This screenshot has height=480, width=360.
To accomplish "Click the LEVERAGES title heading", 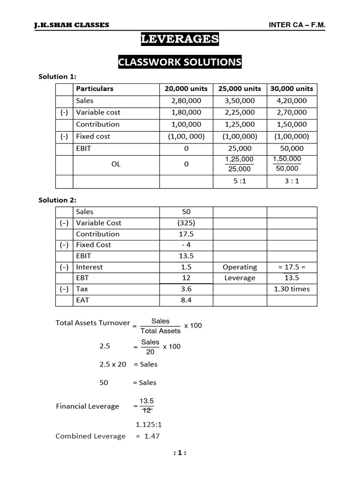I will pyautogui.click(x=180, y=39).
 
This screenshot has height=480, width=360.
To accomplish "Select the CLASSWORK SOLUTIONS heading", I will pyautogui.click(x=180, y=62).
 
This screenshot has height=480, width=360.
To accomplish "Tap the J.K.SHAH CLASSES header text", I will pyautogui.click(x=72, y=24).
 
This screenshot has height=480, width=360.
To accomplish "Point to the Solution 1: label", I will pyautogui.click(x=57, y=76).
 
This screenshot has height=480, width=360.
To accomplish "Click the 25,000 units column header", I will pyautogui.click(x=240, y=89).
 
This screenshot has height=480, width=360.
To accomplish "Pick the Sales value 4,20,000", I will pyautogui.click(x=292, y=100).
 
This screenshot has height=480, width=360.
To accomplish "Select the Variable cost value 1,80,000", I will pyautogui.click(x=186, y=112).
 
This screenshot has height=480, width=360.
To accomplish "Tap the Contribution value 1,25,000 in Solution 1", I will pyautogui.click(x=240, y=124).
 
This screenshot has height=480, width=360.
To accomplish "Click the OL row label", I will pyautogui.click(x=116, y=164).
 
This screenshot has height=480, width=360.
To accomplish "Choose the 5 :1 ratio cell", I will pyautogui.click(x=240, y=181).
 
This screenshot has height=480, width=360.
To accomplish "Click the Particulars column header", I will pyautogui.click(x=95, y=89).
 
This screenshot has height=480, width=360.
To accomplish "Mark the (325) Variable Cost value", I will pyautogui.click(x=186, y=223).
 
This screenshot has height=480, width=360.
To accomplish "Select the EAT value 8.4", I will pyautogui.click(x=186, y=300).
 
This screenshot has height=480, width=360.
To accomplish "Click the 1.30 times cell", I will pyautogui.click(x=292, y=289).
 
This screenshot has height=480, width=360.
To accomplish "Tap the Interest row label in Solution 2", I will pyautogui.click(x=89, y=267).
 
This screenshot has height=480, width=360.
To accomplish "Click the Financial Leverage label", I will pyautogui.click(x=87, y=406).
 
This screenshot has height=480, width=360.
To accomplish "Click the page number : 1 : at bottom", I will pyautogui.click(x=180, y=453).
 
